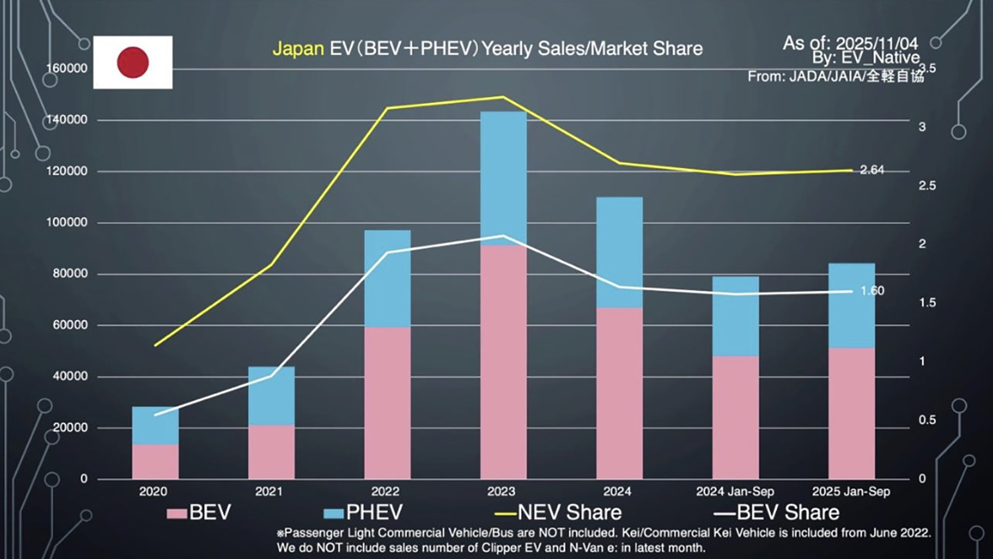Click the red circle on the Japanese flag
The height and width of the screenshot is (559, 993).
point(133,62)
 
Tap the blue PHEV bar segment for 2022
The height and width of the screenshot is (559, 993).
point(387,279)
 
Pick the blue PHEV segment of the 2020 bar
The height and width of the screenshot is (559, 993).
point(155,425)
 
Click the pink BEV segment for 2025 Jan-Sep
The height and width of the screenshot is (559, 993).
point(851,413)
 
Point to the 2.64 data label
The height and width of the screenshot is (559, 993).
point(872,170)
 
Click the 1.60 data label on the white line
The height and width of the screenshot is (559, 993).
point(872,290)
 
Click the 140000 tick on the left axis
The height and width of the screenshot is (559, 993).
point(66,120)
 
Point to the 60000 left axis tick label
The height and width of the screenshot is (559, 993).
point(70,325)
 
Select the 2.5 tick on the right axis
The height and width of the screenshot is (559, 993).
point(927,186)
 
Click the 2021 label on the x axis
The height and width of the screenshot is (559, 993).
point(269,492)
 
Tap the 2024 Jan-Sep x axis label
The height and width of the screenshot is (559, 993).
point(735,492)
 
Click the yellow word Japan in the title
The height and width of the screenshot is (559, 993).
point(298,49)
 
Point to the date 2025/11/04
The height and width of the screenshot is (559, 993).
point(876,44)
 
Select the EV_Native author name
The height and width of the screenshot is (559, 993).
point(880,58)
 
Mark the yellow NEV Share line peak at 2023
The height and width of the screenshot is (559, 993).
point(503,97)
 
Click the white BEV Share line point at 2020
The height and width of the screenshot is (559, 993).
point(155,415)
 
